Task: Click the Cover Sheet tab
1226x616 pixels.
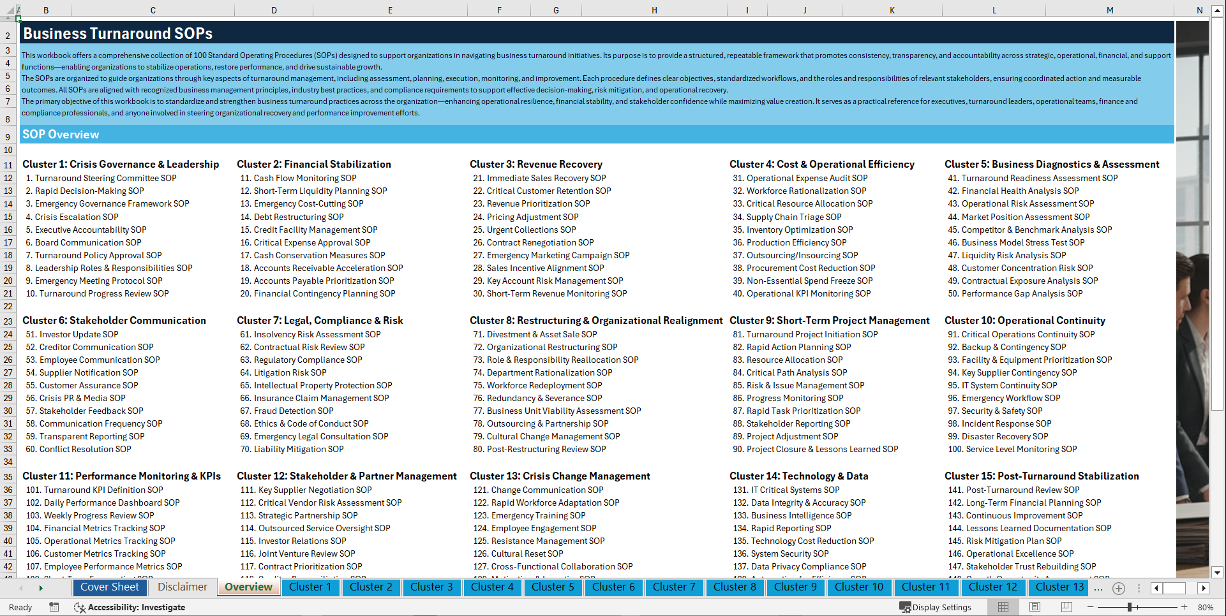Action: (x=110, y=587)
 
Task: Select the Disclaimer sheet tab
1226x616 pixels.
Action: (x=183, y=587)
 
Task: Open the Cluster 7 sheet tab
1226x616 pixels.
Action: (x=674, y=587)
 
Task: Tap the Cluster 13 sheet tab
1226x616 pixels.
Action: (x=1059, y=587)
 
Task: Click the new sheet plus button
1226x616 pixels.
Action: (x=1118, y=588)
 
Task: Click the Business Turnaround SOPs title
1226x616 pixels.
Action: (x=118, y=34)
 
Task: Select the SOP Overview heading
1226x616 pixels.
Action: (x=61, y=135)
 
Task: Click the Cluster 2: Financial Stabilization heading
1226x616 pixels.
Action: (x=314, y=165)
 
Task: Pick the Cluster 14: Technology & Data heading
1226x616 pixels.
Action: (x=798, y=476)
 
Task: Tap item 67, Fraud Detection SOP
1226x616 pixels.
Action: (x=287, y=411)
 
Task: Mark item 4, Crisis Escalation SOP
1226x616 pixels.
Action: (x=72, y=217)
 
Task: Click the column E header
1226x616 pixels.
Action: (x=390, y=10)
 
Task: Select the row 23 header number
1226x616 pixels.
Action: (x=8, y=321)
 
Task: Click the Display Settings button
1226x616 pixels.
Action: (x=936, y=607)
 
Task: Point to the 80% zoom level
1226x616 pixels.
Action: (x=1205, y=607)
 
